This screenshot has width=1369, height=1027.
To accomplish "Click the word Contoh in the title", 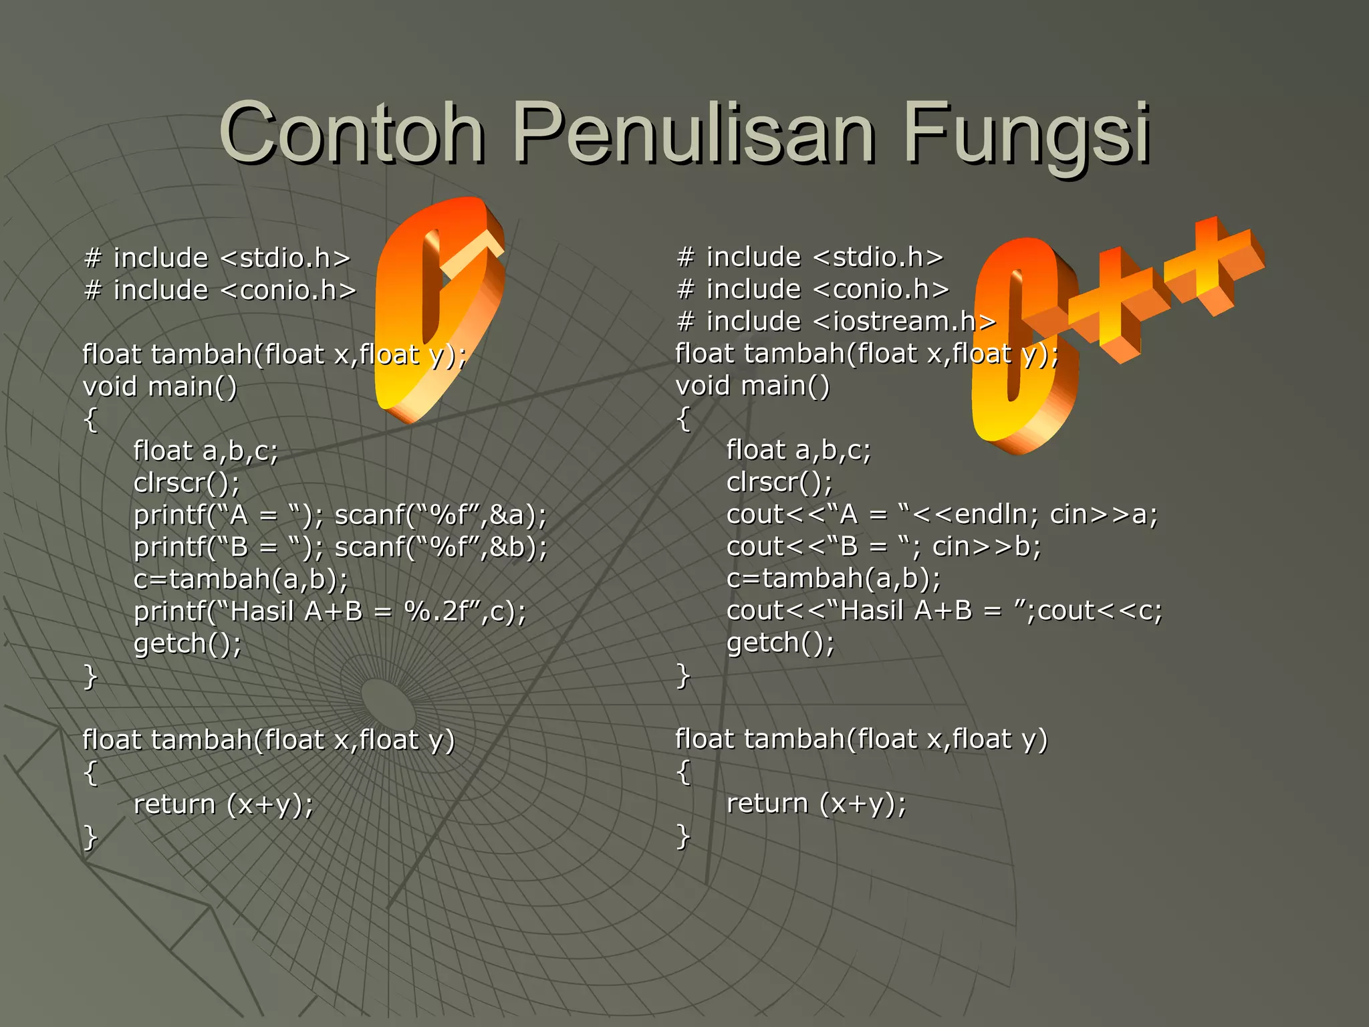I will click(352, 133).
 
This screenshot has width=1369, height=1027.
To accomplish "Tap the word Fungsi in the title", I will click(1027, 133).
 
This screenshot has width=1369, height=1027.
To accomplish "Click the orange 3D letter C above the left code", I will click(438, 308).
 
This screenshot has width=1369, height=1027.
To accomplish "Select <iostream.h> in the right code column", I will click(904, 322).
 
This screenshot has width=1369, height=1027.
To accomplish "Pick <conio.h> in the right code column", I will click(882, 290).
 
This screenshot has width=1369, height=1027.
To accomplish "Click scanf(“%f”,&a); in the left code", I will click(441, 516).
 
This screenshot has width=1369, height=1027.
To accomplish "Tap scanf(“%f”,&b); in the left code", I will click(441, 548).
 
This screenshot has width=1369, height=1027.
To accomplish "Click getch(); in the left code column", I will click(188, 644).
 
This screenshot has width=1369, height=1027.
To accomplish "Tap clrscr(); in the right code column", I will click(779, 482).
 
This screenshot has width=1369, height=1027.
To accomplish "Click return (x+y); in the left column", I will click(223, 804).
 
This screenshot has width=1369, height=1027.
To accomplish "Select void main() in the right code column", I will click(753, 386).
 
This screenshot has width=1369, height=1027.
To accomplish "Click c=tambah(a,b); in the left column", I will click(241, 579).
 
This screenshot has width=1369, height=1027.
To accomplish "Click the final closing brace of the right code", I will click(682, 836).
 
